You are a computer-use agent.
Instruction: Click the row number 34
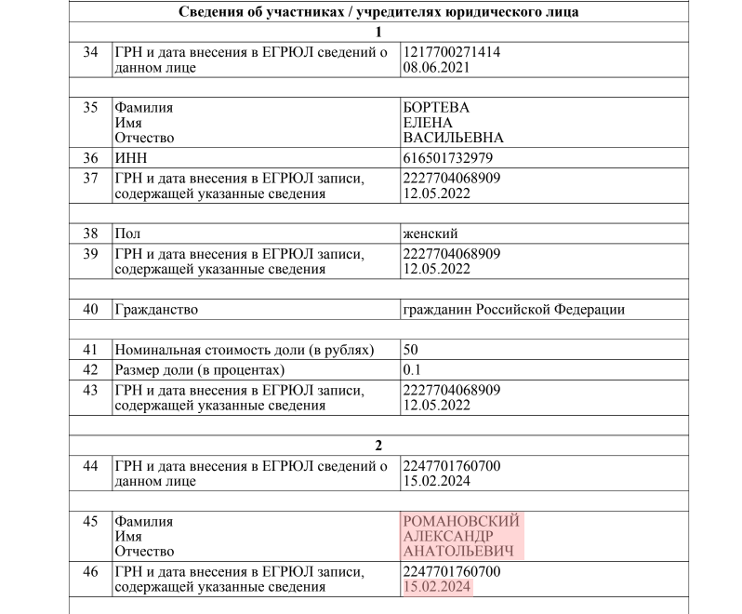[x=90, y=52]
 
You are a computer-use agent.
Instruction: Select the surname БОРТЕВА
[x=436, y=108]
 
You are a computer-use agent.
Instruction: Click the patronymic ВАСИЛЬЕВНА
[x=453, y=138]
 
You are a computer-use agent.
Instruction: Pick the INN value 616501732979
[x=447, y=158]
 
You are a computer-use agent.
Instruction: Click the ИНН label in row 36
[x=130, y=158]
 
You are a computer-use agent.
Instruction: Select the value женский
[x=430, y=234]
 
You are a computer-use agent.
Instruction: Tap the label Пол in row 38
[x=126, y=234]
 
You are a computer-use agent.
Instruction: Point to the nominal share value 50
[x=410, y=351]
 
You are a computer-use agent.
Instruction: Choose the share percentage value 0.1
[x=412, y=369]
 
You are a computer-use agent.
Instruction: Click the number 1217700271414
[x=452, y=52]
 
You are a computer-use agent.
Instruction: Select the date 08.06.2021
[x=436, y=67]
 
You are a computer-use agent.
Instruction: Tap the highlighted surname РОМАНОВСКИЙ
[x=461, y=522]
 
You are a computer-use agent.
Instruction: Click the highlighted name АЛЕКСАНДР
[x=448, y=537]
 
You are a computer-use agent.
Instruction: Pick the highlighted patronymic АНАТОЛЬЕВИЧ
[x=456, y=552]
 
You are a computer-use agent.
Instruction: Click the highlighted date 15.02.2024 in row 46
[x=436, y=587]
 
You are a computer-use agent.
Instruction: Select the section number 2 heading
[x=378, y=445]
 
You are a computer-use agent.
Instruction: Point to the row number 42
[x=90, y=369]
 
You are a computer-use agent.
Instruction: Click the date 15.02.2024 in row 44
[x=436, y=481]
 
